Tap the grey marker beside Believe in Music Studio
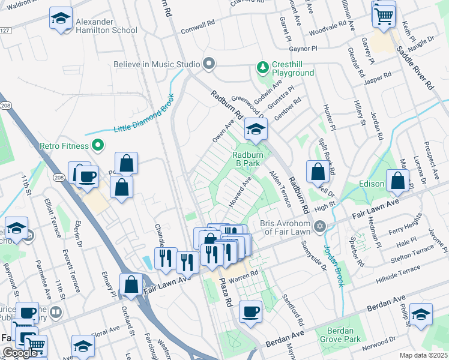pos(209,64)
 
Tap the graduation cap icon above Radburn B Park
pos(255,128)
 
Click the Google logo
pos(20,353)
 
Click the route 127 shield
pos(5,30)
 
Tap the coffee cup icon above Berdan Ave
pos(250,311)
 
